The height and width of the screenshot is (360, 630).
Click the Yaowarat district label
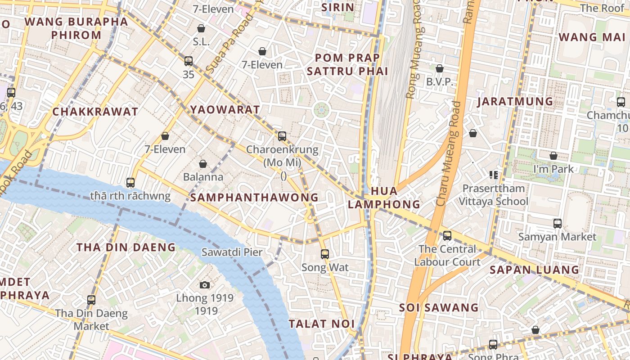[x=225, y=110]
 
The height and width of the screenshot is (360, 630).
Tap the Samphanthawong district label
[x=254, y=198]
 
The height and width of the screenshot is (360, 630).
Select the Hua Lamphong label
[x=384, y=198]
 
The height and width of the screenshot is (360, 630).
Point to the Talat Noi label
[x=321, y=324]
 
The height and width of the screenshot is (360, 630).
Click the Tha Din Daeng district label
[x=126, y=247]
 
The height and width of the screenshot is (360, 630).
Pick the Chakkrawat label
[x=95, y=112]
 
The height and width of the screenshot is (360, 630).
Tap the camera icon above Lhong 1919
[x=205, y=285]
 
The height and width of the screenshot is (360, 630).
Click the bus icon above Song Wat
[x=325, y=254]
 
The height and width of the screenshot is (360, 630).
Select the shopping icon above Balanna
[x=203, y=163]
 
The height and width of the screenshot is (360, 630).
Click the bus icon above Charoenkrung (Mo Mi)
[x=282, y=136]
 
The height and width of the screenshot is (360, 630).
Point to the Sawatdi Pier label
[x=232, y=252]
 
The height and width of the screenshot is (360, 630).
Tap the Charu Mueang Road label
[x=449, y=153]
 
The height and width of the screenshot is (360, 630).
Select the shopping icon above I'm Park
[x=553, y=156]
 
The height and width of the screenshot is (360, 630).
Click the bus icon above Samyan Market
[x=557, y=223]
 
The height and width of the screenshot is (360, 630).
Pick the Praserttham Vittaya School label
[x=494, y=195]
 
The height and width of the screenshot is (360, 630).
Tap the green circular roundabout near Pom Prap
[x=321, y=109]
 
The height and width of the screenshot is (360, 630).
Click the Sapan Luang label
[x=534, y=270]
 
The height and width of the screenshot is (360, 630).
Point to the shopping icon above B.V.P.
[x=440, y=68]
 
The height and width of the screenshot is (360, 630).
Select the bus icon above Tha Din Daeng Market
[x=91, y=300]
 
